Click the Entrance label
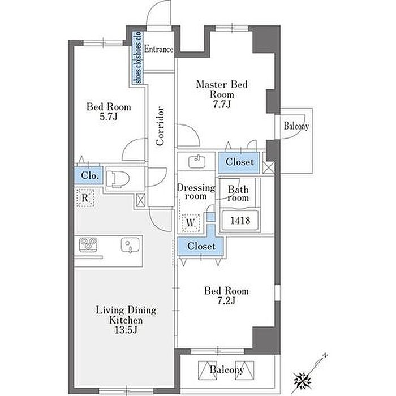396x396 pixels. point(158,49)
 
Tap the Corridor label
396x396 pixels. point(160,126)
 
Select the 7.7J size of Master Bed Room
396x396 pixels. point(222,104)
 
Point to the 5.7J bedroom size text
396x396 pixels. point(109,117)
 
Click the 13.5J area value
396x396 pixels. point(126,330)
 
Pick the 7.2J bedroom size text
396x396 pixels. point(226,300)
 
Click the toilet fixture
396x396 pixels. point(118,179)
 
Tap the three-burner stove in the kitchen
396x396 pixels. point(88,244)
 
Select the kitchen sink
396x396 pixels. point(130,245)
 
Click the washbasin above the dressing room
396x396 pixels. point(197,162)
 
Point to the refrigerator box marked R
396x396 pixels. point(85,198)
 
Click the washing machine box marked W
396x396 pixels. point(191,223)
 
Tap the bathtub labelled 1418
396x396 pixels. point(240,220)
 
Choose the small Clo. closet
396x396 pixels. point(89,175)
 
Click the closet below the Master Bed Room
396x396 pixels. point(239,162)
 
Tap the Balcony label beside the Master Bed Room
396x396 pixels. point(296,126)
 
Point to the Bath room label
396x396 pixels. point(238,193)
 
